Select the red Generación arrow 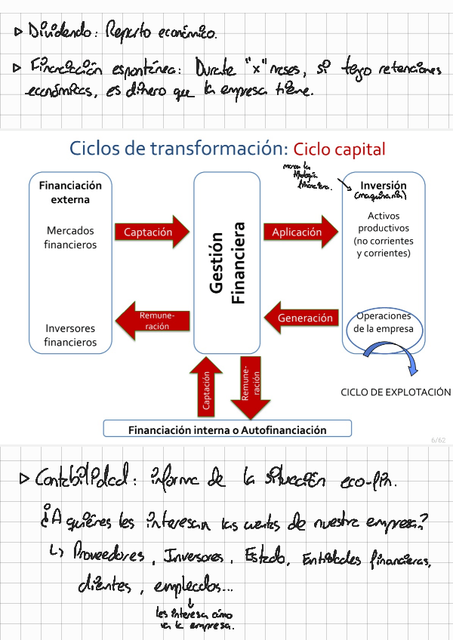tap(301, 318)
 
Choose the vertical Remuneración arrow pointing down tap(249, 386)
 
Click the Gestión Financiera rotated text tap(226, 262)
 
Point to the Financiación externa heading tap(70, 192)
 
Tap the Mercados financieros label tap(70, 237)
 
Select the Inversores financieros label tap(70, 335)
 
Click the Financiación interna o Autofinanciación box tap(227, 429)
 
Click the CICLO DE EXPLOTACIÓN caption tap(396, 392)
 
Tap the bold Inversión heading tap(384, 186)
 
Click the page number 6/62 tap(438, 440)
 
